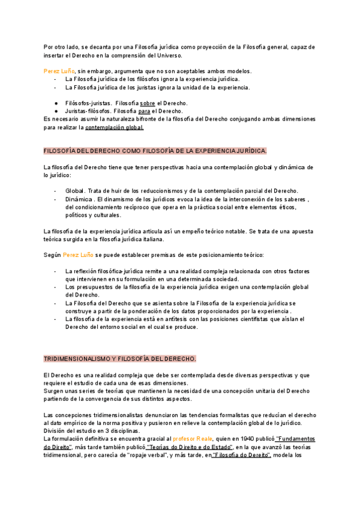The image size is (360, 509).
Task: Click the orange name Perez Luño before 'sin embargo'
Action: (x=58, y=71)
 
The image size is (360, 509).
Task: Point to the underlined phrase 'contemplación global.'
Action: (x=115, y=127)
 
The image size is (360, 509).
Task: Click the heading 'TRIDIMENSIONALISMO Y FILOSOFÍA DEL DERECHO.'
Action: (x=120, y=358)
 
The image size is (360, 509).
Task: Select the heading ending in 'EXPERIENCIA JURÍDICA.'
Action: (x=156, y=151)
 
